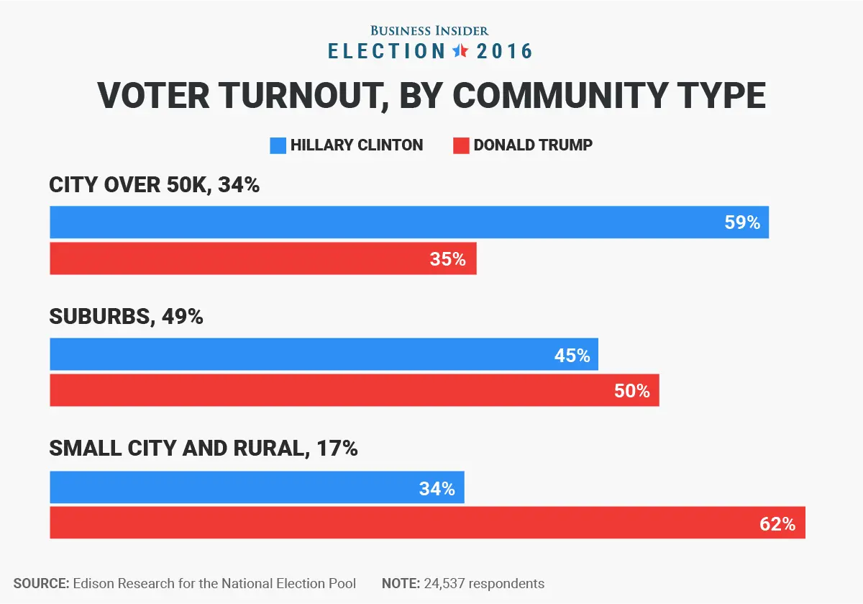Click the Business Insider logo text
click(x=429, y=30)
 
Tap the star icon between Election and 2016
click(x=460, y=51)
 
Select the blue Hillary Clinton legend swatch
click(x=278, y=145)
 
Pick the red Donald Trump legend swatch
click(x=461, y=145)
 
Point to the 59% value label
click(x=742, y=222)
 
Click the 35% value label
click(x=448, y=259)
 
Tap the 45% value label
click(x=572, y=355)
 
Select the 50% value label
click(x=632, y=391)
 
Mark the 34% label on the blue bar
click(x=437, y=489)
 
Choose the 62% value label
click(x=777, y=523)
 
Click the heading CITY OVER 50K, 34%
click(x=154, y=185)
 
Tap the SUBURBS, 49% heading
click(x=126, y=316)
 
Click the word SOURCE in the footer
click(x=40, y=583)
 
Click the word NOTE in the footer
click(x=398, y=583)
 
